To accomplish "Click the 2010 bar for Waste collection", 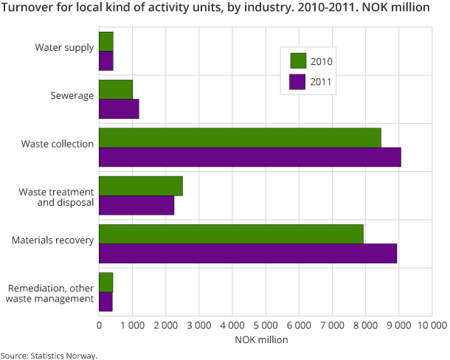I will tap(240, 138).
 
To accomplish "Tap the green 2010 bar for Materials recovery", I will tap(231, 234).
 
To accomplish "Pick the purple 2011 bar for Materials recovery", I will tap(247, 253).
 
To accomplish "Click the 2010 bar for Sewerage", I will tap(116, 89).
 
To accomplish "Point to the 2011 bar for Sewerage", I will tap(119, 108).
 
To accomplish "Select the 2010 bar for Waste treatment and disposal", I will tap(140, 186).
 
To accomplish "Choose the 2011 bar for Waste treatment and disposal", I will tap(136, 205).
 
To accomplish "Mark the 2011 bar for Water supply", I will tap(106, 60).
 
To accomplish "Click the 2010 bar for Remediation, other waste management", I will tap(105, 283).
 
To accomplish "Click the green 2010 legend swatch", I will tap(298, 60).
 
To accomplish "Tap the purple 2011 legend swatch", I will tap(298, 83).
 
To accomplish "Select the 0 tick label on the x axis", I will tap(99, 325).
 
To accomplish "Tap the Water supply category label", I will tap(64, 48).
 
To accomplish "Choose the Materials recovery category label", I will tap(52, 240).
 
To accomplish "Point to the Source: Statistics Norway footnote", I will tap(49, 355).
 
